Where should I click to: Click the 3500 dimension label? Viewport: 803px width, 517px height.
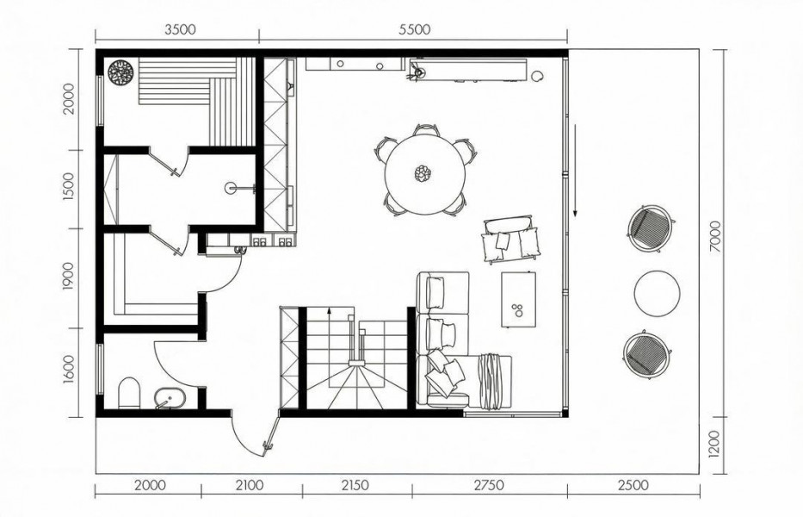pyautogui.click(x=180, y=29)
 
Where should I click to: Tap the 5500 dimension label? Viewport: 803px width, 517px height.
pyautogui.click(x=415, y=29)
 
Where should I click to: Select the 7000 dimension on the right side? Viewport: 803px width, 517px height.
pyautogui.click(x=715, y=236)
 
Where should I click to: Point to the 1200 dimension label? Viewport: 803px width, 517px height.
pyautogui.click(x=715, y=444)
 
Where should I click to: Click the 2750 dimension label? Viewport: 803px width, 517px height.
pyautogui.click(x=489, y=485)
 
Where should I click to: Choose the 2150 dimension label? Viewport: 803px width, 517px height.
pyautogui.click(x=355, y=485)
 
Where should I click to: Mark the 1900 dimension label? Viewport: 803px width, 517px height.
pyautogui.click(x=68, y=276)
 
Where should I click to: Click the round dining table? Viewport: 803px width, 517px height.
pyautogui.click(x=425, y=174)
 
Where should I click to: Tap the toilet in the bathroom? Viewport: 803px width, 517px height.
pyautogui.click(x=129, y=394)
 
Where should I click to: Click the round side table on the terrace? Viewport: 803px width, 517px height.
pyautogui.click(x=657, y=294)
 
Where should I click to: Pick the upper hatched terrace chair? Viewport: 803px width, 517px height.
pyautogui.click(x=651, y=228)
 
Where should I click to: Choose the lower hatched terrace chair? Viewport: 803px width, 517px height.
pyautogui.click(x=648, y=354)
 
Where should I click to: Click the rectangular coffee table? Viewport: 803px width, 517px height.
pyautogui.click(x=519, y=299)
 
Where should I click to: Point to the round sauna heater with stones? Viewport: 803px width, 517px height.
pyautogui.click(x=120, y=72)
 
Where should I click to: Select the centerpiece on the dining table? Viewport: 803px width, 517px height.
pyautogui.click(x=423, y=173)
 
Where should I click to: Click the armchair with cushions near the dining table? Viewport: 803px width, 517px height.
pyautogui.click(x=511, y=240)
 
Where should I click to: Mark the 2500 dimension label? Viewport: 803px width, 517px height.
pyautogui.click(x=633, y=485)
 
